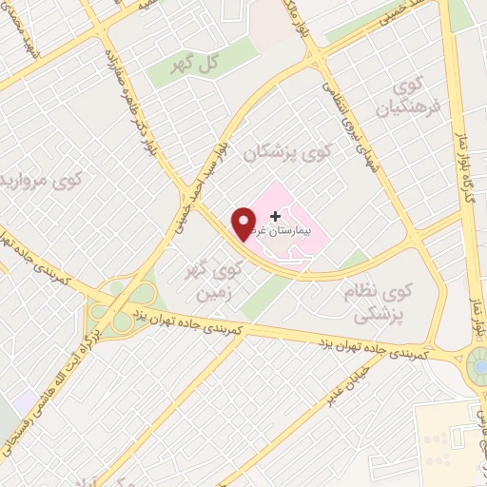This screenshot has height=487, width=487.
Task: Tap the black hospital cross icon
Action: click(276, 217)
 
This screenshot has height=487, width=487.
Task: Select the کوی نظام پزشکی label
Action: click(379, 300)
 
